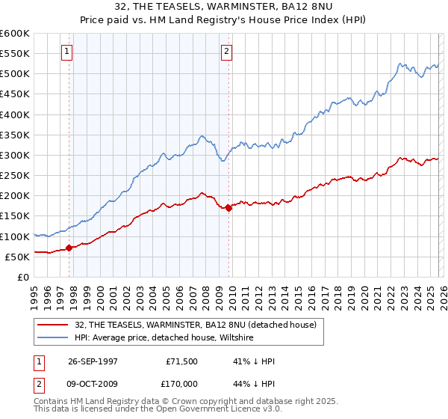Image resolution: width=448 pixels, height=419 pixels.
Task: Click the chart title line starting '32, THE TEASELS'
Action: pos(224,7)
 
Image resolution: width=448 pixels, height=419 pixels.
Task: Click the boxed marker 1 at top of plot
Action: pos(67,52)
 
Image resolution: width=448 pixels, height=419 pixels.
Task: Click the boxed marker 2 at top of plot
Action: pos(225,52)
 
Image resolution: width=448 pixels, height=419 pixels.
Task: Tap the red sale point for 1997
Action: pos(69,248)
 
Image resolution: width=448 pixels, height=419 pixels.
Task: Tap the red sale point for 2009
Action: pos(228,208)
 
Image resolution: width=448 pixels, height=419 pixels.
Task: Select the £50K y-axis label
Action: pos(17,257)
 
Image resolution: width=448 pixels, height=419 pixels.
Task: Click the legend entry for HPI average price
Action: pos(164,338)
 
